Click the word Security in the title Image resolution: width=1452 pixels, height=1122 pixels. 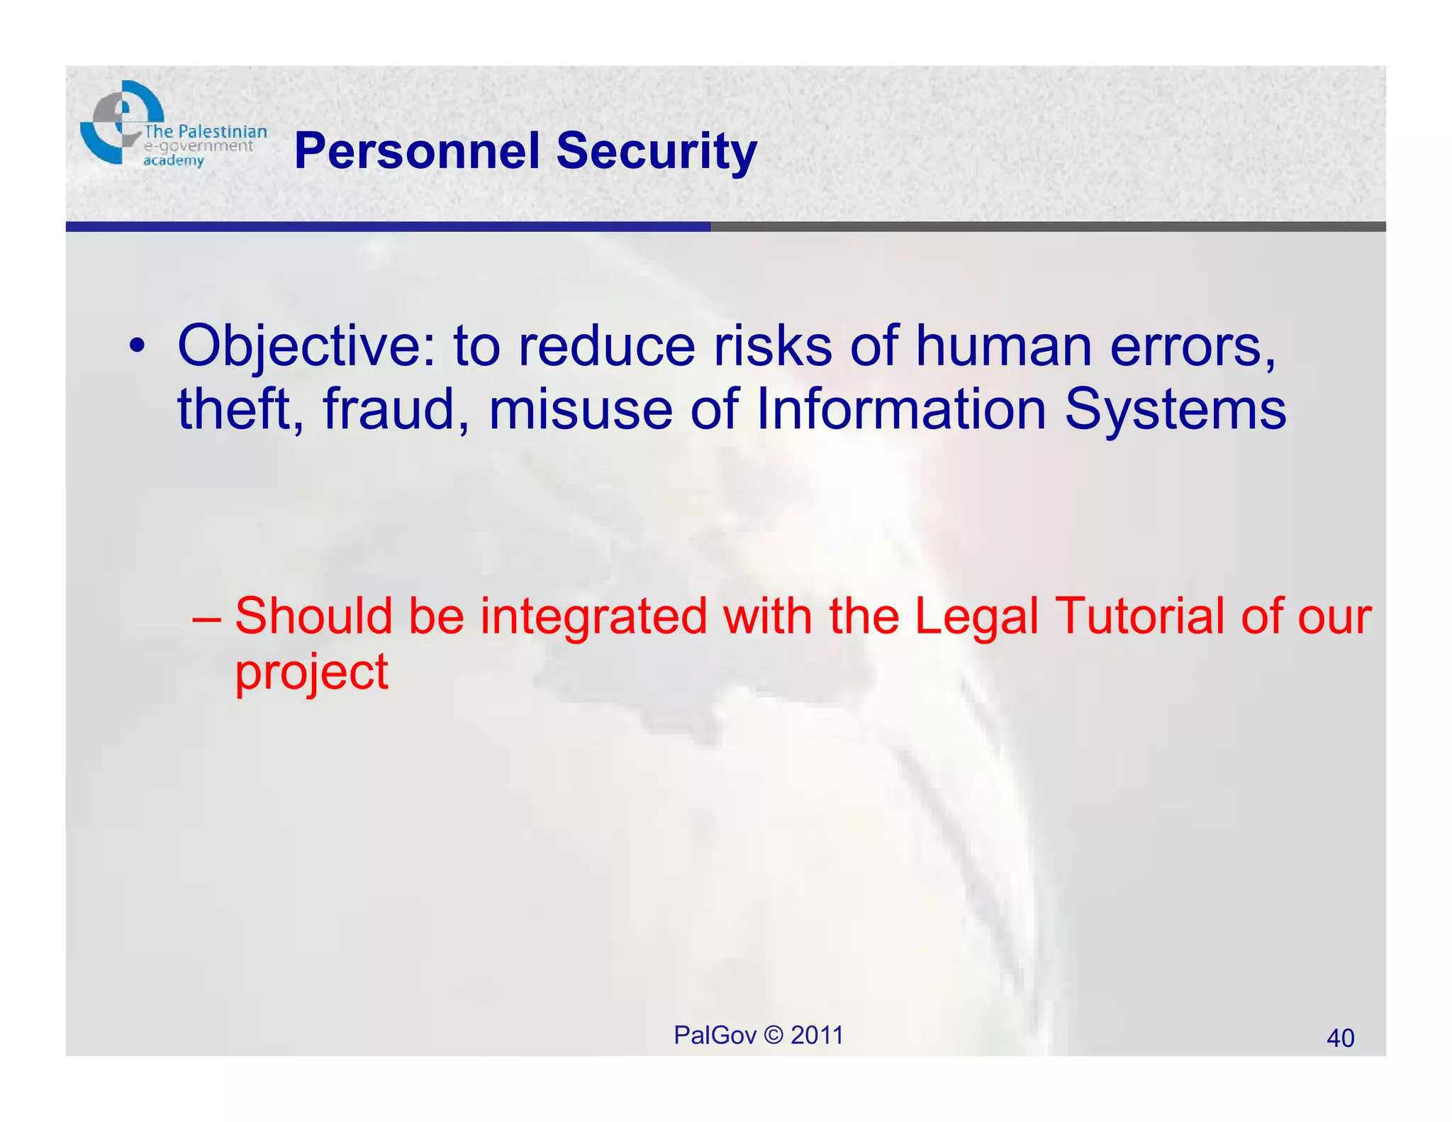pos(656,151)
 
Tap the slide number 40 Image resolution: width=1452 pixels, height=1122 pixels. pos(1340,1038)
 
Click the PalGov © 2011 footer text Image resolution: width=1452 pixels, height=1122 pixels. pos(758,1035)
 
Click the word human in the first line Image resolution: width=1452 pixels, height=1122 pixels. pos(1003,347)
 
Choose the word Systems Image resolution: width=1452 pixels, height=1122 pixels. pos(1175,409)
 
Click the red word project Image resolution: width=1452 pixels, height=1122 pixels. pos(311,672)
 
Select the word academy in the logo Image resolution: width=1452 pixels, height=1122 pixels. pos(173,161)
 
